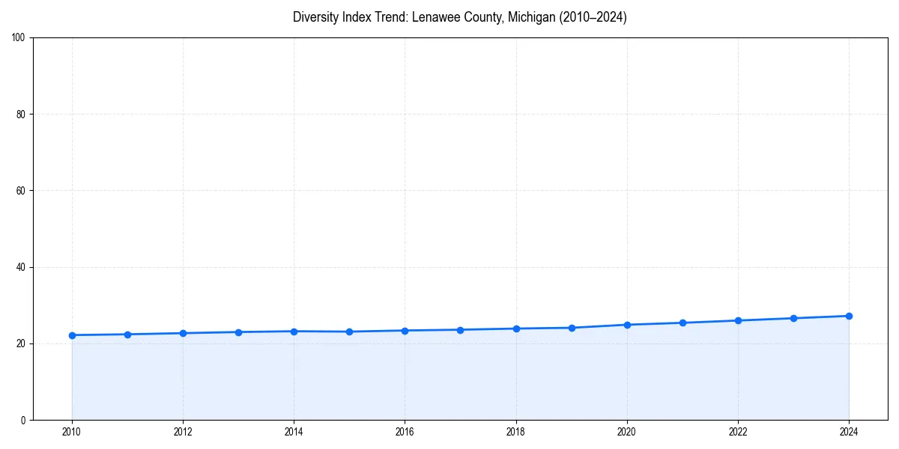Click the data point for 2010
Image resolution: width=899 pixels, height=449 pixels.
coord(72,335)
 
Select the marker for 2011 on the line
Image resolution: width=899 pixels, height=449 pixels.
coord(127,335)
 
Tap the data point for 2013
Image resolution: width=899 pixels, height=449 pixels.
coord(238,332)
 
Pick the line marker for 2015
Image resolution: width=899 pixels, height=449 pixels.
coord(349,332)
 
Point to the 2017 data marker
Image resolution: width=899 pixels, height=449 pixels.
coord(460,330)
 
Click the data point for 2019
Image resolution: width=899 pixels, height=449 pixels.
coord(572,328)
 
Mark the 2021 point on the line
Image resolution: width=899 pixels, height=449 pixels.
coord(682,323)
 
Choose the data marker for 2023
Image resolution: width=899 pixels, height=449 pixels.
coord(793,318)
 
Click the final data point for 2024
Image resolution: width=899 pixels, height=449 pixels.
coord(849,316)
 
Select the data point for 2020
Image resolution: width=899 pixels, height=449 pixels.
coord(627,325)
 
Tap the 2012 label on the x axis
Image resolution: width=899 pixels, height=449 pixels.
coord(183,432)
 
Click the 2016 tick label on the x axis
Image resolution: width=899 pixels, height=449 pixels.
coord(405,432)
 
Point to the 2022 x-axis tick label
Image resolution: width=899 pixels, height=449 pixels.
coord(738,432)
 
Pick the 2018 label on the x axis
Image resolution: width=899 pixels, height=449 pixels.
coord(515,432)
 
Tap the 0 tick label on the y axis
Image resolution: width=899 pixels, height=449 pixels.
coord(24,420)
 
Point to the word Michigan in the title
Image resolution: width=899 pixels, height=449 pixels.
coord(526,17)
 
